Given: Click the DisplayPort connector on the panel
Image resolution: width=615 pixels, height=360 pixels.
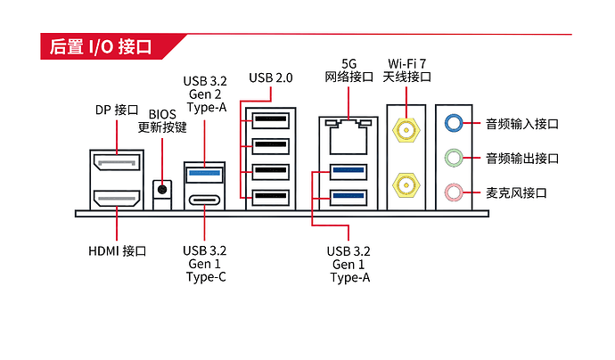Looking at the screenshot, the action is click(117, 162).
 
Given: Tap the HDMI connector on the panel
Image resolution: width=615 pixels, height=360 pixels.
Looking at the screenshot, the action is click(117, 198).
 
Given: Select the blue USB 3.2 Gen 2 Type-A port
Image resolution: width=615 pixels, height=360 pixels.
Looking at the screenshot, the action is click(204, 174).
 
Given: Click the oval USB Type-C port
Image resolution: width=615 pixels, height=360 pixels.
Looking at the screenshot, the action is click(204, 200).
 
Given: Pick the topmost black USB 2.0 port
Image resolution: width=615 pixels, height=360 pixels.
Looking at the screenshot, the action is click(271, 120).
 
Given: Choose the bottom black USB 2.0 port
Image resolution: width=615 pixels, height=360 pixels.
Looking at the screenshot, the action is click(271, 198).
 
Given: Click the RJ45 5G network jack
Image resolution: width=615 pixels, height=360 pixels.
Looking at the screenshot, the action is click(348, 136).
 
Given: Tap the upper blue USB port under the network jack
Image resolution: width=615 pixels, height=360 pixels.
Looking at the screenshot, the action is click(348, 171).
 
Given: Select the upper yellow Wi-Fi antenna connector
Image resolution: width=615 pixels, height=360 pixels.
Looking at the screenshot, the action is click(406, 130).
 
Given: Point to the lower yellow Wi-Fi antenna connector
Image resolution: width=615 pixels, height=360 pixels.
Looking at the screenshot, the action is click(406, 185).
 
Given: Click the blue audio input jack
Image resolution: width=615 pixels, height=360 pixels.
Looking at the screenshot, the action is click(454, 123).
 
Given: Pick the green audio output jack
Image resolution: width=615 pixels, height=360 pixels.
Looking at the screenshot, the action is click(454, 158).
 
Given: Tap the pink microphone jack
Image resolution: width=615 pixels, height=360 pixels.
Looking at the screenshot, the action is click(454, 192).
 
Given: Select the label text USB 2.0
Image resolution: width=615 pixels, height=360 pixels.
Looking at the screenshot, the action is click(271, 78).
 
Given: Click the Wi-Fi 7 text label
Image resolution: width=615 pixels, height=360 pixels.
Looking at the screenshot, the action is click(406, 63).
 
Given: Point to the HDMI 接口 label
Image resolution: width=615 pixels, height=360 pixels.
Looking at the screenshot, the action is click(118, 250).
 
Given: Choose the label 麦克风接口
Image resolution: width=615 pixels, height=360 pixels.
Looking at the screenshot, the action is click(516, 192).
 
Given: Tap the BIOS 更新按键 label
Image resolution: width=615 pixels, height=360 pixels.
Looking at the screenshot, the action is click(162, 121).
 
